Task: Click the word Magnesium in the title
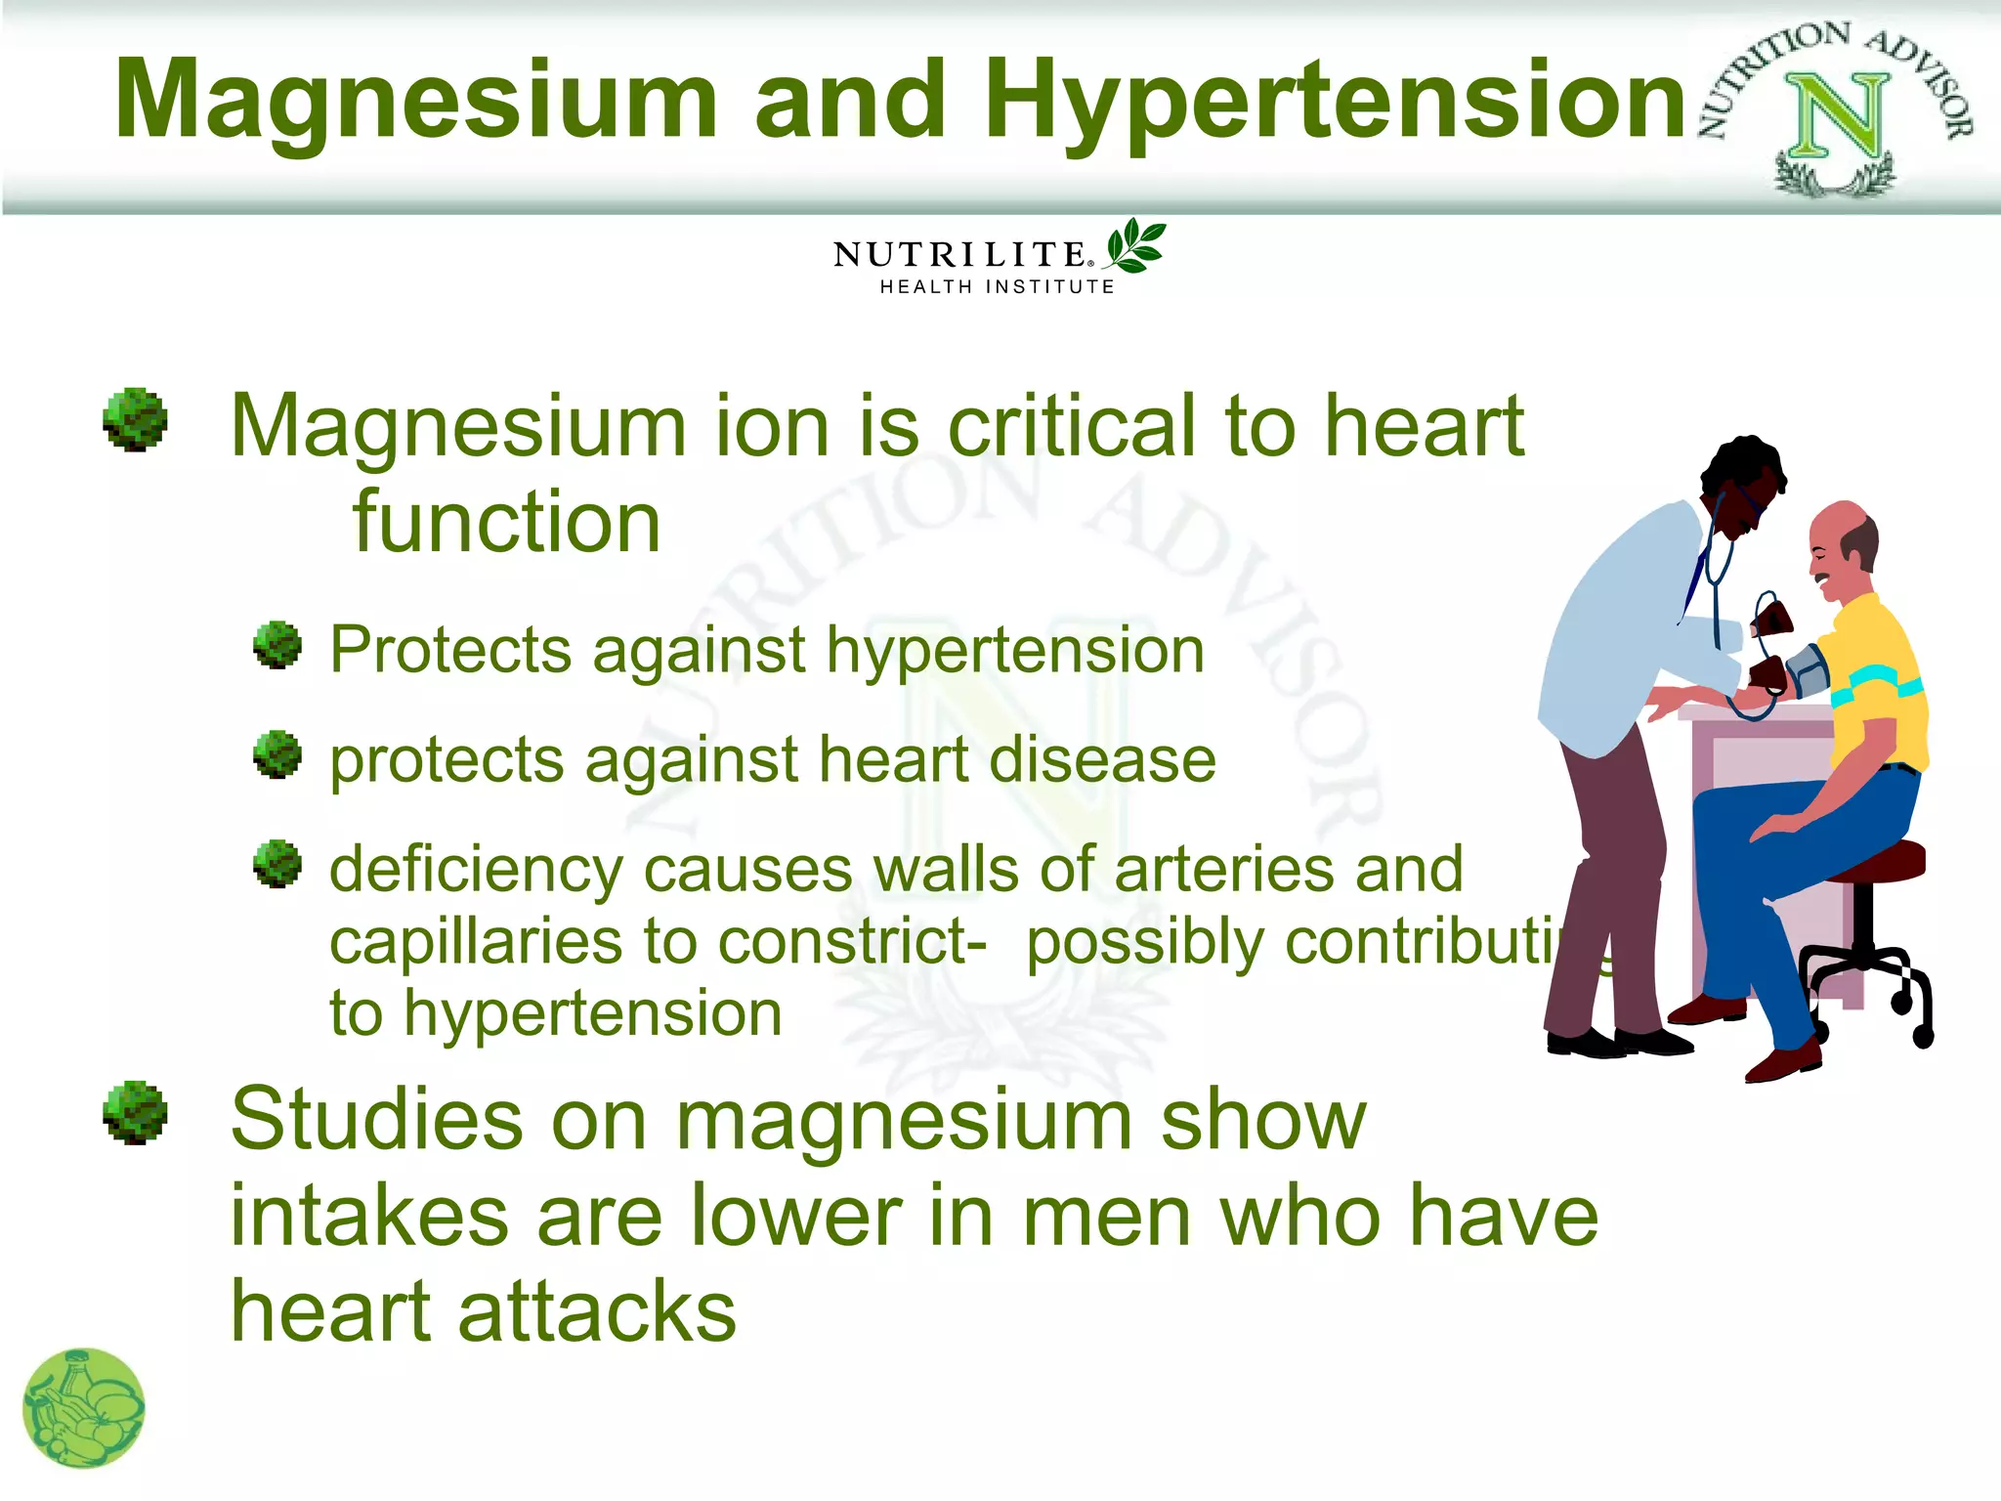[x=415, y=100]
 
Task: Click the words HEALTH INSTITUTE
[x=997, y=287]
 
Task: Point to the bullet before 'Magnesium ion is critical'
[x=135, y=420]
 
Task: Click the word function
[x=506, y=522]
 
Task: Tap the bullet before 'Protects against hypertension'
[x=277, y=645]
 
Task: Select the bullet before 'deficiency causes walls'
[x=277, y=864]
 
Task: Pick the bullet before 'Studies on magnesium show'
[x=135, y=1112]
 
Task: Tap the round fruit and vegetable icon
[x=84, y=1408]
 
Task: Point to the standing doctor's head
[x=1744, y=484]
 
